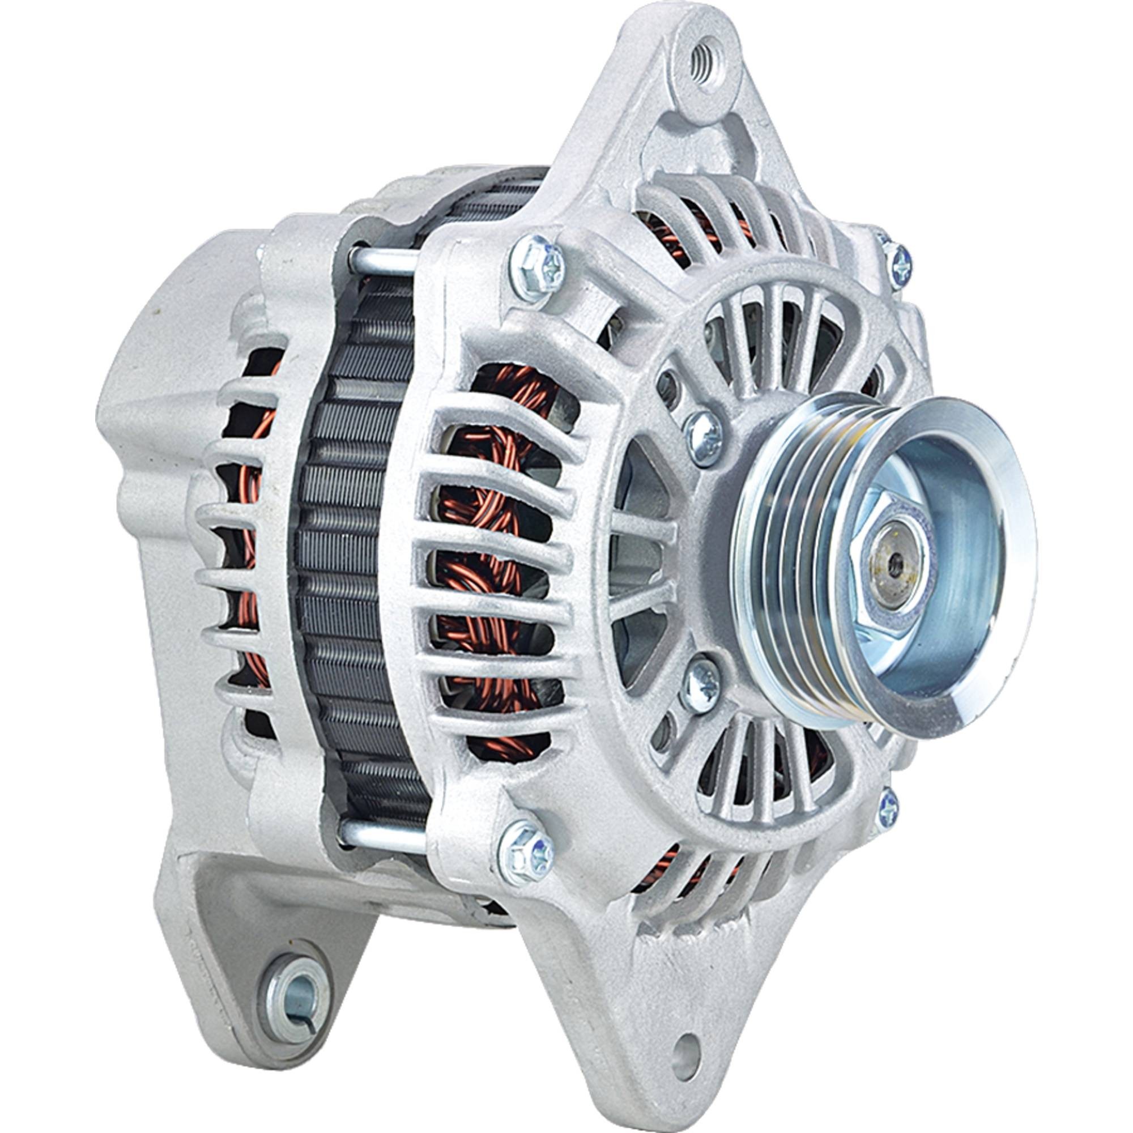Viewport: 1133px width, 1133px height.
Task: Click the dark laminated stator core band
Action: (x=352, y=557)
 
